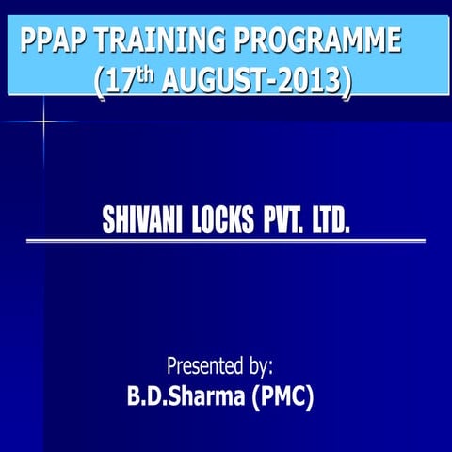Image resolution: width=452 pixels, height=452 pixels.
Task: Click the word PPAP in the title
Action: [54, 41]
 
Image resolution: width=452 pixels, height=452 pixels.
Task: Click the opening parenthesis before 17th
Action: [101, 82]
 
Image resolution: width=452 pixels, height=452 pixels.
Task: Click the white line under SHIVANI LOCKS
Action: [226, 242]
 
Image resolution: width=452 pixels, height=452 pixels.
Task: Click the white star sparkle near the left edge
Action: [43, 121]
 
